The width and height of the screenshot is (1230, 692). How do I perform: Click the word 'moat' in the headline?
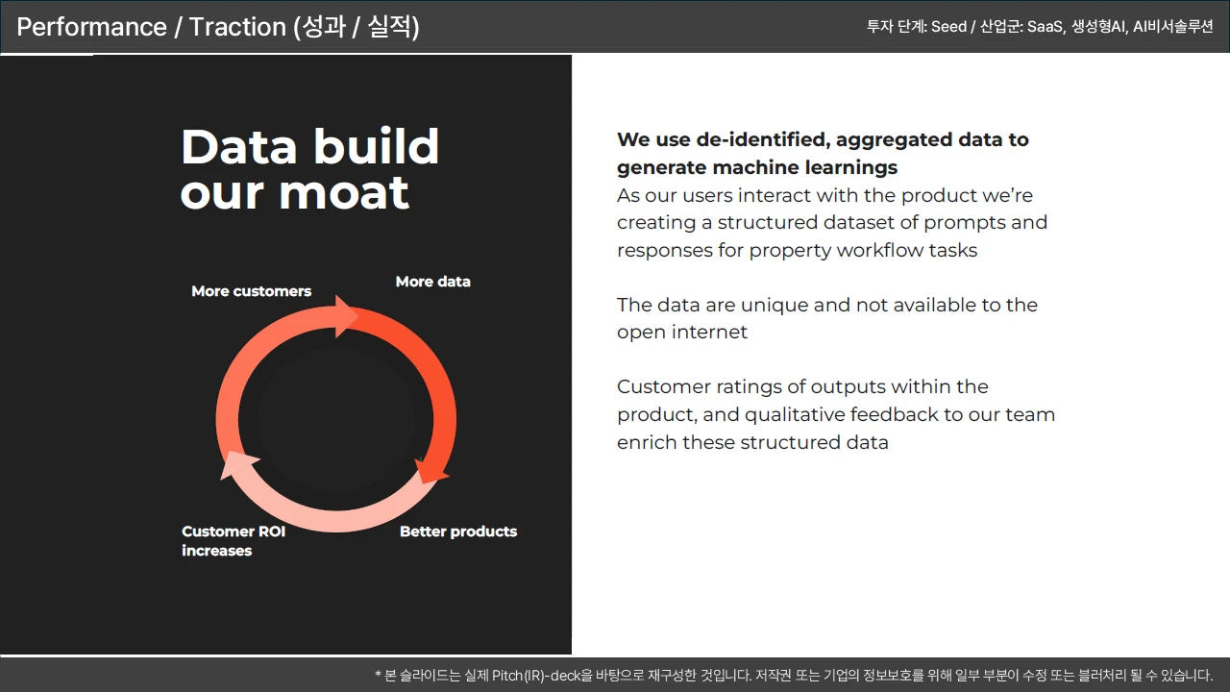[x=344, y=193]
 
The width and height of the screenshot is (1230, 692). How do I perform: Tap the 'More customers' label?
[x=252, y=291]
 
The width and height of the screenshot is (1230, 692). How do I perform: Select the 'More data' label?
[x=432, y=282]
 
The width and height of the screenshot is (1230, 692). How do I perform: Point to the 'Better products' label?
[x=458, y=531]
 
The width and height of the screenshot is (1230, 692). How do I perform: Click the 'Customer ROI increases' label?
[x=234, y=541]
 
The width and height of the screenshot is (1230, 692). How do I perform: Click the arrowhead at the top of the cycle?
[x=346, y=317]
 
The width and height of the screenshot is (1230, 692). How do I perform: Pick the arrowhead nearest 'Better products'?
[x=431, y=471]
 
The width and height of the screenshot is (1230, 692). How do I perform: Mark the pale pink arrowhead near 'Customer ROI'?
[x=239, y=464]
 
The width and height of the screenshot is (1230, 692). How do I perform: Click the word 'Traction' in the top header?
[x=237, y=27]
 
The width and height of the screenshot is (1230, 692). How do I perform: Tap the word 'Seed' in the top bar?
[x=948, y=26]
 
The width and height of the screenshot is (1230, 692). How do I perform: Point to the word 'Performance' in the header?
[x=91, y=27]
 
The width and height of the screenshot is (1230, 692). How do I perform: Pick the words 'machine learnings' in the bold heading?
[x=805, y=167]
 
